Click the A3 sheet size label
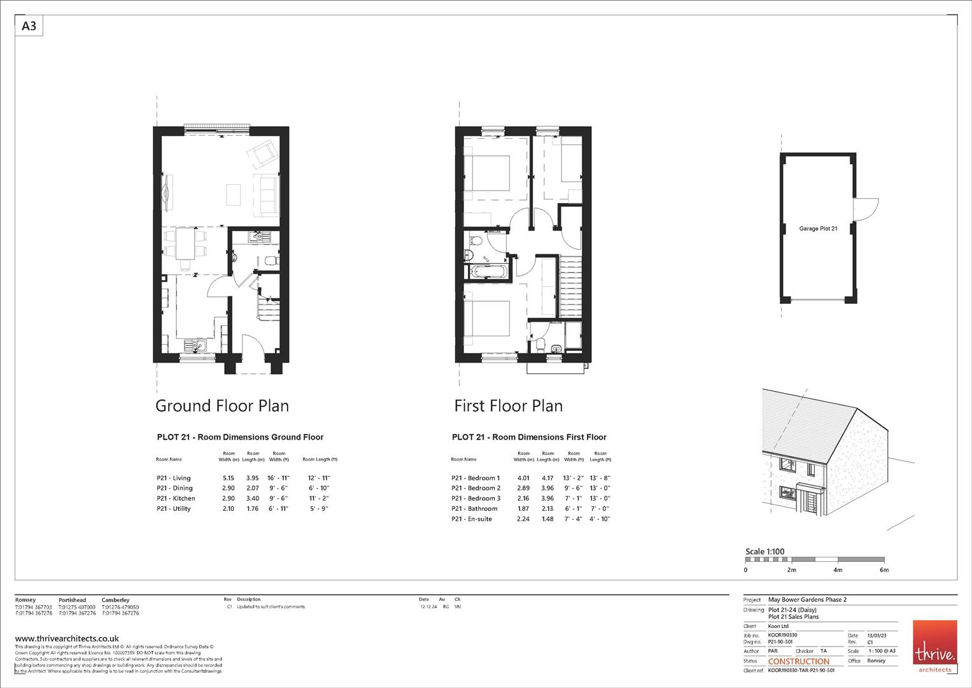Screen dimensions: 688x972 click(x=29, y=26)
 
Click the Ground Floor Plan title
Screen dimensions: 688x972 click(x=222, y=406)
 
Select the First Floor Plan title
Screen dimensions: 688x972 click(x=508, y=406)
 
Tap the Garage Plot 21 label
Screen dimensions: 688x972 click(x=818, y=228)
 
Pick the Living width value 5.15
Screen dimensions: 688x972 click(x=228, y=478)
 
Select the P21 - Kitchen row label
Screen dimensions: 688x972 click(x=176, y=498)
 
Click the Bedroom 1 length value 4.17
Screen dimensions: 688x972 click(x=547, y=478)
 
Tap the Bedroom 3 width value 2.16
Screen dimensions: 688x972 click(x=523, y=498)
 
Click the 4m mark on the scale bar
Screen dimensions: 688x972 click(x=838, y=570)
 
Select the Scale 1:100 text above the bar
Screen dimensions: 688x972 click(x=764, y=552)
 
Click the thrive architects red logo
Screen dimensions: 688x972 click(x=934, y=646)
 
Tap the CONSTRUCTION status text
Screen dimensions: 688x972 click(x=799, y=661)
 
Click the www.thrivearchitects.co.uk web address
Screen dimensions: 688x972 click(x=67, y=638)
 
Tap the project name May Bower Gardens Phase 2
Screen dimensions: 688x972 click(x=807, y=599)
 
